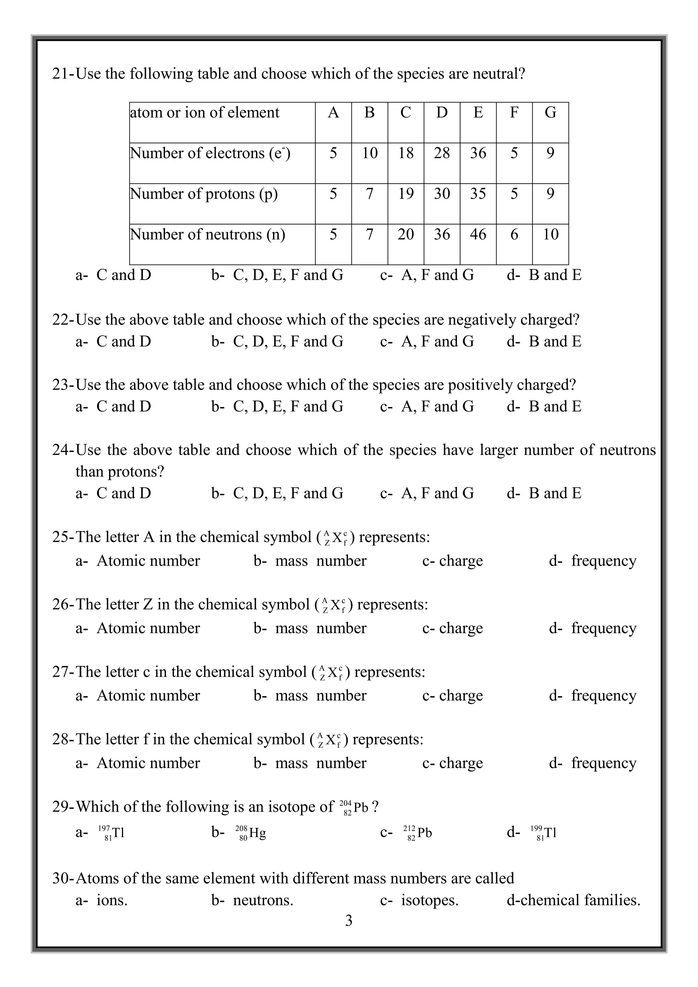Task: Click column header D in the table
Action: coord(442,113)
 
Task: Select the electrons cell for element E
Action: coord(478,153)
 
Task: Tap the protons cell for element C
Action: coord(406,194)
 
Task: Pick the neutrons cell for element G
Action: coord(550,234)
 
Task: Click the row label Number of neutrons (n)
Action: coord(208,234)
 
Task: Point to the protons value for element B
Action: coord(369,194)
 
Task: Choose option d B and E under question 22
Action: coord(555,342)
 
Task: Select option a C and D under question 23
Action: coord(123,407)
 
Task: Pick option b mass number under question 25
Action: coord(320,561)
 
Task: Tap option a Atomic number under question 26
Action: coord(148,628)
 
